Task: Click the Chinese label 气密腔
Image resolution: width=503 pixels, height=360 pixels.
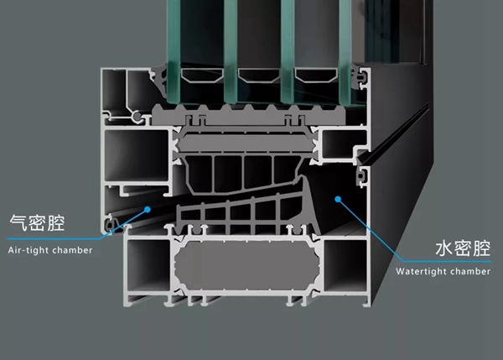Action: (x=37, y=222)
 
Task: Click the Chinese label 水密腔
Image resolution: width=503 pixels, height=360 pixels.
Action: (x=463, y=248)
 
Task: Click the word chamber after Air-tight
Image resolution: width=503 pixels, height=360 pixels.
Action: (x=72, y=250)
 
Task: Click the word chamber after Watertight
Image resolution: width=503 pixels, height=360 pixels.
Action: (x=469, y=271)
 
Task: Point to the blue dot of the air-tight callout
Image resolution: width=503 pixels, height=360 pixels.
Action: (x=148, y=210)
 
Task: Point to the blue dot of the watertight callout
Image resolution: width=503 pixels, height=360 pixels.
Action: (x=338, y=199)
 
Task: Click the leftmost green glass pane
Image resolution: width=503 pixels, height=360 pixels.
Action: (x=174, y=51)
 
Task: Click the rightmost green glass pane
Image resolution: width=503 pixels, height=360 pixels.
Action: (x=345, y=52)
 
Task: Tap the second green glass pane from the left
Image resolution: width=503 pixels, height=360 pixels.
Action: (x=231, y=51)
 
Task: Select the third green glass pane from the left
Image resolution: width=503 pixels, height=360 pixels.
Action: (x=288, y=52)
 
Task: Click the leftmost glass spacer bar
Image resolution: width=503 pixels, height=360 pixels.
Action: (x=202, y=76)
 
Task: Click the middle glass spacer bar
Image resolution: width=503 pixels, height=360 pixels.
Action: (x=259, y=76)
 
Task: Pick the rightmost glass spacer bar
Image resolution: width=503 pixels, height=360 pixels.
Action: (x=317, y=76)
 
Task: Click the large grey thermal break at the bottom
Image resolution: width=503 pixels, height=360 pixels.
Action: (x=247, y=266)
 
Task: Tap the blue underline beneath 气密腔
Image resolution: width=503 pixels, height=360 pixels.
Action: (x=54, y=238)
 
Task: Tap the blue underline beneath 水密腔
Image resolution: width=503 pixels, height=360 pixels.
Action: (x=446, y=262)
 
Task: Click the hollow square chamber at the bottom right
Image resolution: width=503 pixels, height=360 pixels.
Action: (x=345, y=265)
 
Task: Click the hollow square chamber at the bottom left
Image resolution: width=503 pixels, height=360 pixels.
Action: (x=148, y=265)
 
